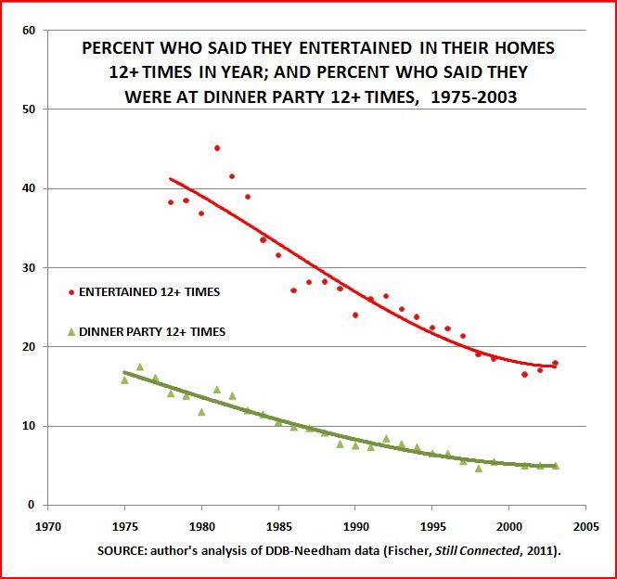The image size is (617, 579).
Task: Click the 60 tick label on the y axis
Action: (x=29, y=31)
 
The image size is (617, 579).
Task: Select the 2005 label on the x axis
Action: (x=585, y=522)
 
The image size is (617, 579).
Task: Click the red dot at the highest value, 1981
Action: (x=217, y=148)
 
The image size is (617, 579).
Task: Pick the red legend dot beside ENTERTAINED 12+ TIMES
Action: (x=72, y=292)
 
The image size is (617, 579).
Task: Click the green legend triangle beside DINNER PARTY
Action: (x=72, y=331)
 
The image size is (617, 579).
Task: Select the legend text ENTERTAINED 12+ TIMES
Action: (x=150, y=292)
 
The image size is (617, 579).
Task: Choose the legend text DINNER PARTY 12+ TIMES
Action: (x=152, y=331)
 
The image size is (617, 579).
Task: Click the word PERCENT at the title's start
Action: (x=116, y=47)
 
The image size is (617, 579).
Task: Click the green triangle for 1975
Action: (x=124, y=380)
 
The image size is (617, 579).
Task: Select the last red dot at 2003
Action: (x=555, y=364)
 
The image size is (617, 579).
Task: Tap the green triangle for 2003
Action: (x=555, y=466)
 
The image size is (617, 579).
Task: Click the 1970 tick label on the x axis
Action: (x=48, y=522)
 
